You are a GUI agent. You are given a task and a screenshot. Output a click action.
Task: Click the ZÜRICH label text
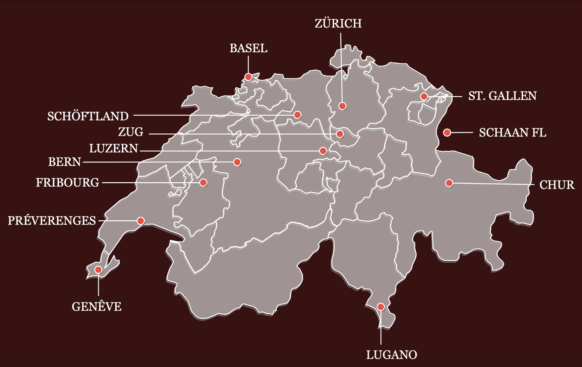point(338,24)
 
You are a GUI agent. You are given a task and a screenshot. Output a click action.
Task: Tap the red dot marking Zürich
point(342,106)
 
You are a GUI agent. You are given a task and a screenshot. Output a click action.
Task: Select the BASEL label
point(248,48)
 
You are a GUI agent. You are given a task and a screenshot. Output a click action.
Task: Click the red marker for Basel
point(248,77)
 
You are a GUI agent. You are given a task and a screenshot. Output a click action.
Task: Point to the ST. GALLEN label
point(502,96)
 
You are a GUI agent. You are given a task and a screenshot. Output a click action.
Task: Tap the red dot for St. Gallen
point(424,97)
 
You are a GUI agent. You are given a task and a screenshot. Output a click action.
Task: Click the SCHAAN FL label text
point(512,132)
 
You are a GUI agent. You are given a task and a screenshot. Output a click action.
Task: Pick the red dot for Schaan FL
point(447,132)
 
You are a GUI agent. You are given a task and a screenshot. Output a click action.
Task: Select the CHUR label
point(557,185)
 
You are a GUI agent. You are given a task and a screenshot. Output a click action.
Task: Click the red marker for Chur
point(449,183)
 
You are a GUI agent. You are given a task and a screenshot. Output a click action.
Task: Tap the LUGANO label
point(391,355)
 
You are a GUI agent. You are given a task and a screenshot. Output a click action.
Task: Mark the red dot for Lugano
point(380,307)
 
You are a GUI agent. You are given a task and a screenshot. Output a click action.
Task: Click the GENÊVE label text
point(96,307)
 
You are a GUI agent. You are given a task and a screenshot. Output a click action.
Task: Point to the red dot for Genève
point(98,270)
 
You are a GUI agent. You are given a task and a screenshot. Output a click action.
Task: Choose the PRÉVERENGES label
point(52,221)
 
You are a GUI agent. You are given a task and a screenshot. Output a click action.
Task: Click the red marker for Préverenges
point(141,221)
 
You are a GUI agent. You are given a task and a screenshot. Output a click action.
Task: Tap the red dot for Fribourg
point(204,183)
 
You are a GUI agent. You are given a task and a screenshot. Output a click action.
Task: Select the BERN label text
point(65,162)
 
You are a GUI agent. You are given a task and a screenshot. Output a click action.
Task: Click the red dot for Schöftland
point(297,115)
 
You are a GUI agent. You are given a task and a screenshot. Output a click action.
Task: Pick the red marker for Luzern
point(323,151)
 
